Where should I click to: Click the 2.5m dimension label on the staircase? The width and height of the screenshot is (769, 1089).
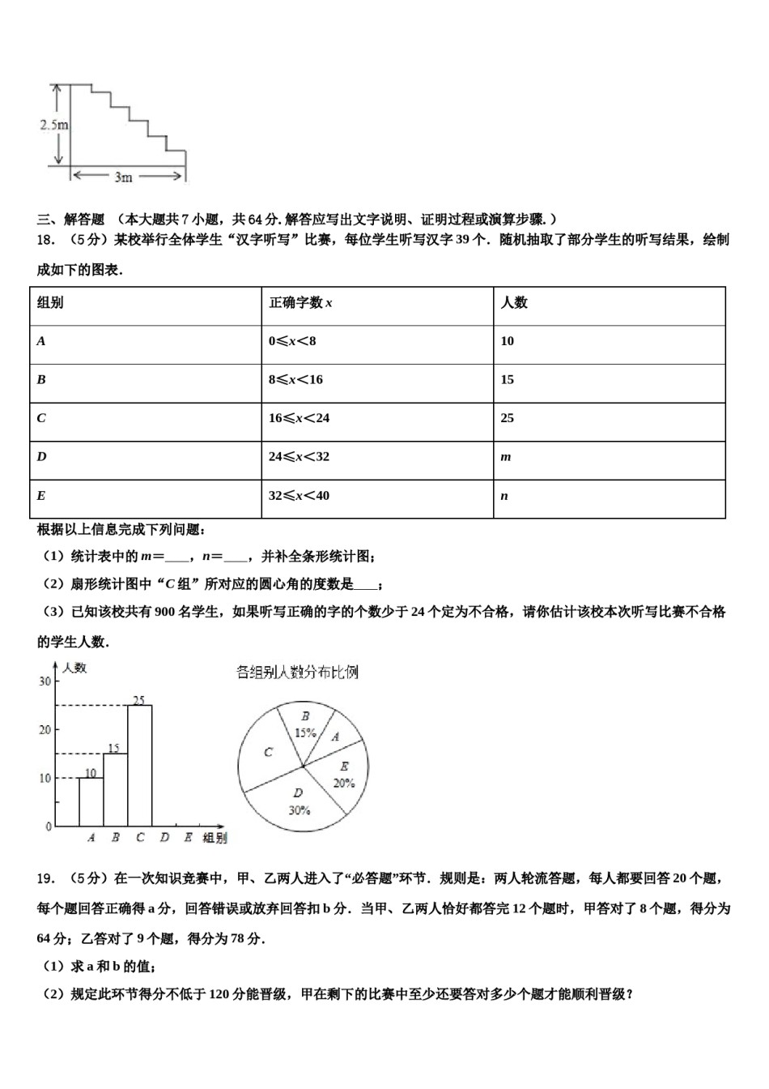coord(53,125)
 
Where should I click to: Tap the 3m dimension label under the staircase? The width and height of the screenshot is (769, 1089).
coord(123,176)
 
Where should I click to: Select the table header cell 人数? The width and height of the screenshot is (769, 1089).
coord(514,303)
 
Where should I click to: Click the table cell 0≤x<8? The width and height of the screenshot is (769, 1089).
coord(292,341)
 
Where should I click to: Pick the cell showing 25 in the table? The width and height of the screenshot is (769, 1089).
coord(508,418)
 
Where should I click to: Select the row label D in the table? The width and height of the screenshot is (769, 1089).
coord(42,457)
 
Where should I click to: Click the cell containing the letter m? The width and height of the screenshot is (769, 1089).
coord(506,457)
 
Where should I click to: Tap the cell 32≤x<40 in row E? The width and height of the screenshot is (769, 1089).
coord(299,496)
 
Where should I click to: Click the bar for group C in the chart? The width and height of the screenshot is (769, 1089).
coord(140,766)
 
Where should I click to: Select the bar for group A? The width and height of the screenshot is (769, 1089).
coord(91,801)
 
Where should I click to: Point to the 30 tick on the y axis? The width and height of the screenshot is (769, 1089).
coord(45,681)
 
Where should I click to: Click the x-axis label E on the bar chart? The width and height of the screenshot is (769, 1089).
coord(188,838)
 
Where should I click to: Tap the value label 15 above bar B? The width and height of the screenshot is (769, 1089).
coord(114,748)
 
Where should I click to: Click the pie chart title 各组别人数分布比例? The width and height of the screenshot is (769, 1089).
coord(297,672)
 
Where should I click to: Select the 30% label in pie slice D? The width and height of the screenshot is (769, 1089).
coord(299,809)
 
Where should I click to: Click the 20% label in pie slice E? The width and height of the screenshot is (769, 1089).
coord(344,783)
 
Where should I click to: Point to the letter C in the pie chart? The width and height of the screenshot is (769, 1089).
coord(269,753)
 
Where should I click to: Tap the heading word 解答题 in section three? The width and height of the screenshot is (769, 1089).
coord(84,219)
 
